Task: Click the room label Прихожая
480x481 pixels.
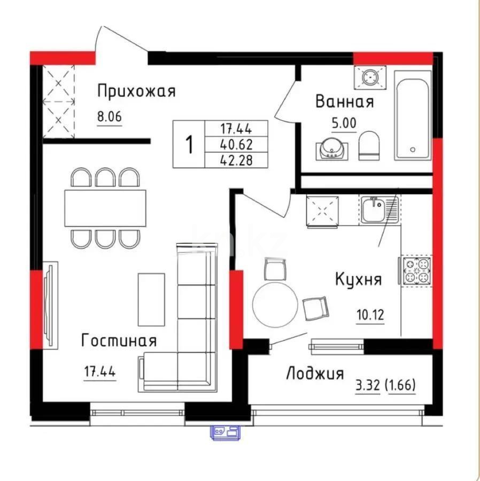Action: (x=136, y=91)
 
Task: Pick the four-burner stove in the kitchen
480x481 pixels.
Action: (x=416, y=271)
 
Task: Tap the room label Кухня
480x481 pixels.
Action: (x=358, y=279)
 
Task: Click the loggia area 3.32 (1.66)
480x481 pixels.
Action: (x=385, y=384)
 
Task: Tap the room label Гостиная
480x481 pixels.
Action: (x=119, y=340)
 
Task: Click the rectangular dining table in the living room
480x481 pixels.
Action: (x=105, y=208)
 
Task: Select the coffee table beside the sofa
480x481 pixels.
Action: (x=151, y=299)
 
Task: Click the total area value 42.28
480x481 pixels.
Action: (x=236, y=159)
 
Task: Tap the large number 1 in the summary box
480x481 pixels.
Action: (x=188, y=144)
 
